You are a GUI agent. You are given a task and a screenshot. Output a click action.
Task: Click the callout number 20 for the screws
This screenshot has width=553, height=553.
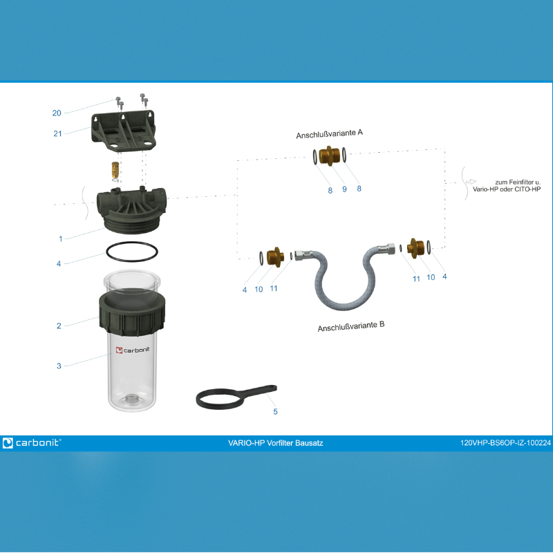(57, 113)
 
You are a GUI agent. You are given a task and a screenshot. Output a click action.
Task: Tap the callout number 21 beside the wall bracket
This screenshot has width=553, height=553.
(57, 133)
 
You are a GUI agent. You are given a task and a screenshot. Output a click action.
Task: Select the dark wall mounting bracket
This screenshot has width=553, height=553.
(124, 131)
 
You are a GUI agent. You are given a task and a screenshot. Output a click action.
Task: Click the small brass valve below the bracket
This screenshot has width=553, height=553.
(115, 169)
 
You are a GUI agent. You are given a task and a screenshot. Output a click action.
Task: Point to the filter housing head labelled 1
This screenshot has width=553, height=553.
(131, 211)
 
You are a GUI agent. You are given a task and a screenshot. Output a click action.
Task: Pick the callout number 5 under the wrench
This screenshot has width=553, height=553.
(275, 411)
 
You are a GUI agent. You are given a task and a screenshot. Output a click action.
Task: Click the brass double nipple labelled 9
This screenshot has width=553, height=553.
(329, 156)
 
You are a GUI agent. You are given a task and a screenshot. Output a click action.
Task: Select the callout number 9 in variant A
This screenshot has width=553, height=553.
(344, 189)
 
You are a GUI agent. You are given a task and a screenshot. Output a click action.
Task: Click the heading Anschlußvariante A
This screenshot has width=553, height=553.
(330, 133)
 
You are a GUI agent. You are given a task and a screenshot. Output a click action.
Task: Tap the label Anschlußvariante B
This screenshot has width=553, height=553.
(351, 326)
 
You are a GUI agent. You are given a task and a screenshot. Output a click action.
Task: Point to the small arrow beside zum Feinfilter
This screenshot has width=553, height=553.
(471, 182)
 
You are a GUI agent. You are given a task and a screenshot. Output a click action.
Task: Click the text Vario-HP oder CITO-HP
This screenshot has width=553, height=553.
(507, 189)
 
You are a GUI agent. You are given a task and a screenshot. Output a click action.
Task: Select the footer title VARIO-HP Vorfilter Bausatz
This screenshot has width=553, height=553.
(275, 443)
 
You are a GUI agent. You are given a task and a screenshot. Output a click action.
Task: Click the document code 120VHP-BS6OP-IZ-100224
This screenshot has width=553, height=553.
(505, 443)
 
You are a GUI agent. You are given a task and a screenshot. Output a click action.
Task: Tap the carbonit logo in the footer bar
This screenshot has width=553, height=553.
(32, 442)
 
